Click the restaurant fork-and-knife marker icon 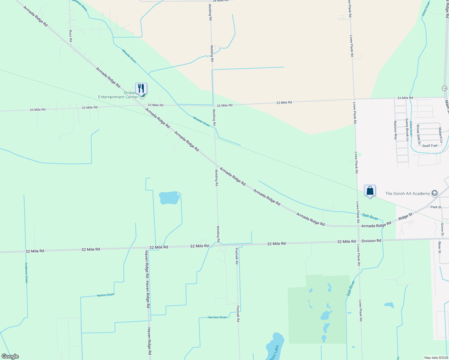tap(141, 88)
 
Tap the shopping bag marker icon tap(370, 191)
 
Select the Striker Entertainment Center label tap(118, 95)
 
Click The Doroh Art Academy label tap(407, 193)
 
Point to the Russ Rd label tap(71, 36)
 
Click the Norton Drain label tap(106, 295)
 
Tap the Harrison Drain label tap(217, 317)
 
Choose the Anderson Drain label tap(26, 273)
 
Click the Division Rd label tap(371, 241)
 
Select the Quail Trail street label tap(429, 146)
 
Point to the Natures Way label tap(395, 130)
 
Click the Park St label tap(436, 207)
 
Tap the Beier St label tap(439, 247)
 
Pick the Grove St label tap(442, 229)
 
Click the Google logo tap(10, 356)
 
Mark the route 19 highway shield tap(444, 88)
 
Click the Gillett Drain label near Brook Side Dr tap(411, 129)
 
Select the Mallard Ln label tap(440, 135)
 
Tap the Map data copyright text tap(435, 358)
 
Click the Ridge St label tap(405, 216)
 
